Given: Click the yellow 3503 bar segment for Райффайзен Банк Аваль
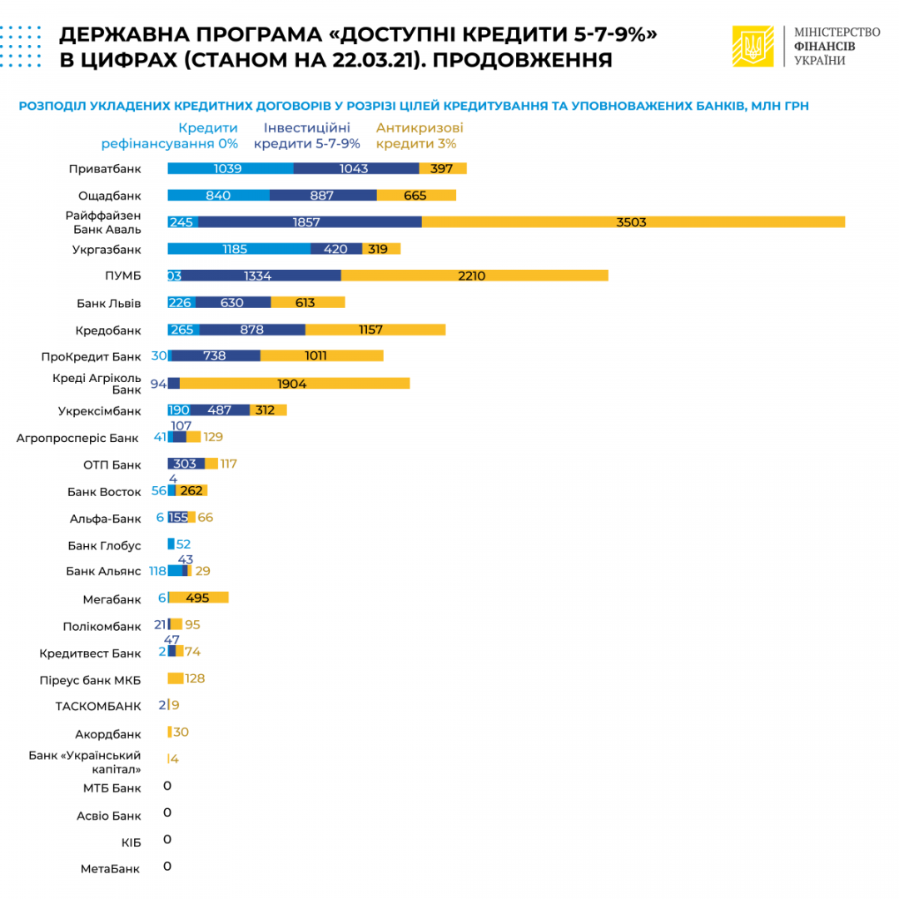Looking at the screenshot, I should click(x=633, y=221).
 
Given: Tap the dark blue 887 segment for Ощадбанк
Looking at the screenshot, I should click(x=323, y=195).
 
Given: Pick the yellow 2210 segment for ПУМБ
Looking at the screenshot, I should click(x=474, y=276).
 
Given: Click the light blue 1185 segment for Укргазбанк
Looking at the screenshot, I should click(x=239, y=248).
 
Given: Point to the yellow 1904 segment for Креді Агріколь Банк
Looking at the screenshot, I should click(x=295, y=383).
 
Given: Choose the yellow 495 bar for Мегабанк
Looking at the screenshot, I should click(x=198, y=597).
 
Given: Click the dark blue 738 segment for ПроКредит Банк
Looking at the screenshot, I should click(x=216, y=355).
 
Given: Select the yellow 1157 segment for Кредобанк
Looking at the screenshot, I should click(x=375, y=329).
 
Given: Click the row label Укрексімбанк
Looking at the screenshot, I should click(x=99, y=410).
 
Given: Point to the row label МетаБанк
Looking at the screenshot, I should click(x=111, y=868).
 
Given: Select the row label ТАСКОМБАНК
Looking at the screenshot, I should click(x=98, y=706).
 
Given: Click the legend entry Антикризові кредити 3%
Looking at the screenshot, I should click(x=420, y=136).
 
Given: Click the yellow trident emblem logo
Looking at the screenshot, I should click(x=752, y=45).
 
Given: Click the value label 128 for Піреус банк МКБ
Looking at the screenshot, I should click(x=195, y=678).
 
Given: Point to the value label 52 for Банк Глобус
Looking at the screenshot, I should click(x=183, y=544).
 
